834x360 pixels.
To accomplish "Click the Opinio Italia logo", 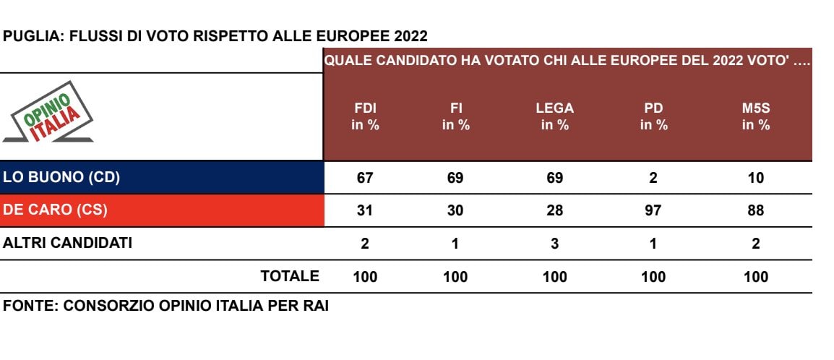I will coord(48,113).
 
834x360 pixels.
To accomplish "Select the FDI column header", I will coord(365,116).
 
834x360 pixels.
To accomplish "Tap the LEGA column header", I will coord(554,116).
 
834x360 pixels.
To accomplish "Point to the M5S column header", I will coord(755,116).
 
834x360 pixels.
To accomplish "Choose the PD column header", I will coord(653,116).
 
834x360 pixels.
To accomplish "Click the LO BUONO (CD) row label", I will coord(62,178).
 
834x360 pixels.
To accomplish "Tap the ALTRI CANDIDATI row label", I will coord(68,244).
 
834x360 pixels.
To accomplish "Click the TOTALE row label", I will coord(290,276).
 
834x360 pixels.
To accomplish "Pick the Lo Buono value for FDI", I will coord(365,178).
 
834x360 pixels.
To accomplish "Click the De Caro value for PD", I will coord(653,210).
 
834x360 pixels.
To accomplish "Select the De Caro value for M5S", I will coord(755,210).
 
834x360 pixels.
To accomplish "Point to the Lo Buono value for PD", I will coord(653,178).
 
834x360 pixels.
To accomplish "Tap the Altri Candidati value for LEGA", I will coord(554,244).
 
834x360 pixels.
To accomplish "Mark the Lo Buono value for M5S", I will coord(755,178).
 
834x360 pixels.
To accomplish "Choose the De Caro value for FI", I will coord(455,210).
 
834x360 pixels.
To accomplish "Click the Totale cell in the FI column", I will coord(455,277).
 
